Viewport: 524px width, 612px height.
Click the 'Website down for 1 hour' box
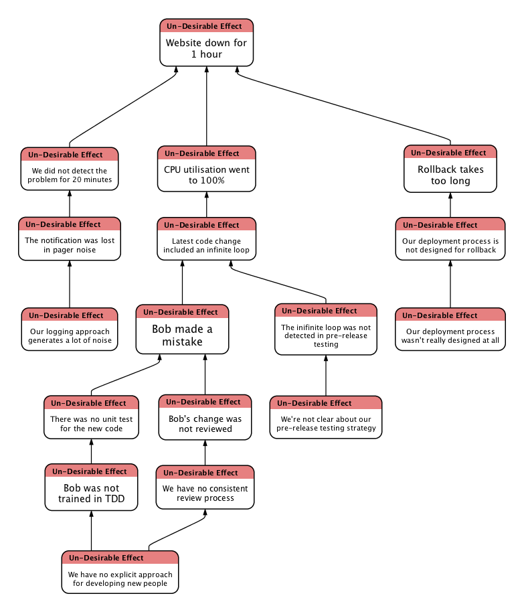point(206,48)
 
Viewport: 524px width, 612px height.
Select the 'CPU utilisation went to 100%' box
point(206,175)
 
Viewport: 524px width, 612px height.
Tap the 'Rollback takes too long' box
point(450,175)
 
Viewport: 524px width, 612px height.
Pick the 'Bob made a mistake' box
point(182,335)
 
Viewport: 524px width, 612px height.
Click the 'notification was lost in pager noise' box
point(70,245)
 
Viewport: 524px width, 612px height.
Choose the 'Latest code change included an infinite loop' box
point(206,245)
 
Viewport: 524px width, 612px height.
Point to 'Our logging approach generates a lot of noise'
point(70,335)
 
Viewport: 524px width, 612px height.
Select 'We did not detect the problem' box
point(70,175)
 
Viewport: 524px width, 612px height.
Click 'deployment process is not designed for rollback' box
point(450,245)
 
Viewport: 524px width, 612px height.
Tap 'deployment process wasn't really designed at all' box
point(450,335)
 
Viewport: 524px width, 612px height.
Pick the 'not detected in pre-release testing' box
point(326,335)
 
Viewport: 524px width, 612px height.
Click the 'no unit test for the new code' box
point(91,423)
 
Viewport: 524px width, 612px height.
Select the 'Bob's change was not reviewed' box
point(205,423)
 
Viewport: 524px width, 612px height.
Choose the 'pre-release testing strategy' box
point(326,423)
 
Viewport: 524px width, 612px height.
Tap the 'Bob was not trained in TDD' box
point(91,493)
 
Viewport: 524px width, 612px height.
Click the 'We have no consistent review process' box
point(205,493)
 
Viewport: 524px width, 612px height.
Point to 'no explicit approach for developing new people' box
point(120,579)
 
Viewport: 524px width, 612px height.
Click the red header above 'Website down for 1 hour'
point(206,26)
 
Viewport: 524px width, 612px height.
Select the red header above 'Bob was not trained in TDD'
point(91,471)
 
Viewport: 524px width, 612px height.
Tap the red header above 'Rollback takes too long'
point(450,153)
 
